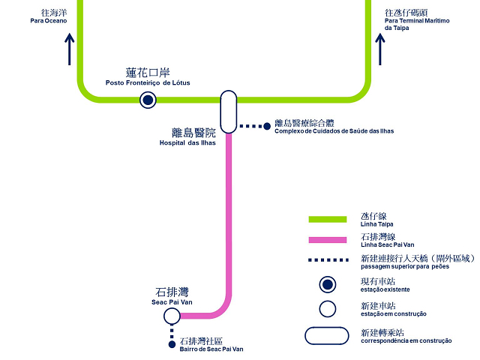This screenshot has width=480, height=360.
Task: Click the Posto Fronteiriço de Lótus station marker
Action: click(x=148, y=100)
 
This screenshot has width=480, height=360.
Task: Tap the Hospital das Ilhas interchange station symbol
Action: click(x=229, y=112)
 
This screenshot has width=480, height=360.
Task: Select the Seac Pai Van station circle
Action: click(x=172, y=316)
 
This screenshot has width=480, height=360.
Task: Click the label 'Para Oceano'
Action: click(x=49, y=21)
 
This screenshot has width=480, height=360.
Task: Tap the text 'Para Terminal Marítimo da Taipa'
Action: click(x=416, y=24)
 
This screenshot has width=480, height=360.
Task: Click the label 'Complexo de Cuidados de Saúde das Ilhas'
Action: click(x=334, y=131)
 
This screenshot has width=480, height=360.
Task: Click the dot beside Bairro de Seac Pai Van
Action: click(x=172, y=345)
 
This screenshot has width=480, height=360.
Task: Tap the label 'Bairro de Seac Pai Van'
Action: click(x=212, y=349)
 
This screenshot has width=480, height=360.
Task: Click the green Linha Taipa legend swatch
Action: click(x=327, y=219)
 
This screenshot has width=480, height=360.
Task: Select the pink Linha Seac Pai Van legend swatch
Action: click(x=327, y=240)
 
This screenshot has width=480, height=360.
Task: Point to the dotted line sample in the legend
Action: click(x=327, y=260)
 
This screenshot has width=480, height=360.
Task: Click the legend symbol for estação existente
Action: click(x=327, y=284)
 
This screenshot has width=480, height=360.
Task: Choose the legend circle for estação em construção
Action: click(x=327, y=308)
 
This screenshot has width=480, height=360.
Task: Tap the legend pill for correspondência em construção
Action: click(x=327, y=335)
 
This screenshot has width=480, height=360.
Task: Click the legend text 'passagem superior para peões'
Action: click(x=405, y=267)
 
